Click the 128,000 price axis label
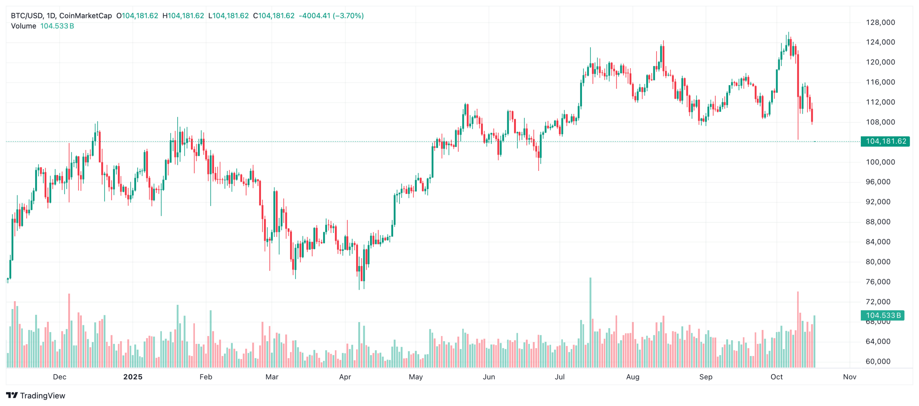[x=880, y=22]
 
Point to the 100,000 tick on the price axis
[x=880, y=162]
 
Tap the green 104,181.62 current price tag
[x=885, y=141]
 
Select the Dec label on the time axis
[x=60, y=377]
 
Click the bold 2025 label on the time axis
[x=133, y=377]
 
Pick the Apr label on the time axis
[x=345, y=377]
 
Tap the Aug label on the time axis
[x=633, y=377]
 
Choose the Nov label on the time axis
[x=849, y=377]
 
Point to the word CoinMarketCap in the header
[x=85, y=16]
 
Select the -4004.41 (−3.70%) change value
[x=331, y=16]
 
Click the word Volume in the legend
[x=24, y=26]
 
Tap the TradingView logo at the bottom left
[x=36, y=396]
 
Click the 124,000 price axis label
[x=880, y=42]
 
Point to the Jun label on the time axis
[x=489, y=377]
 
